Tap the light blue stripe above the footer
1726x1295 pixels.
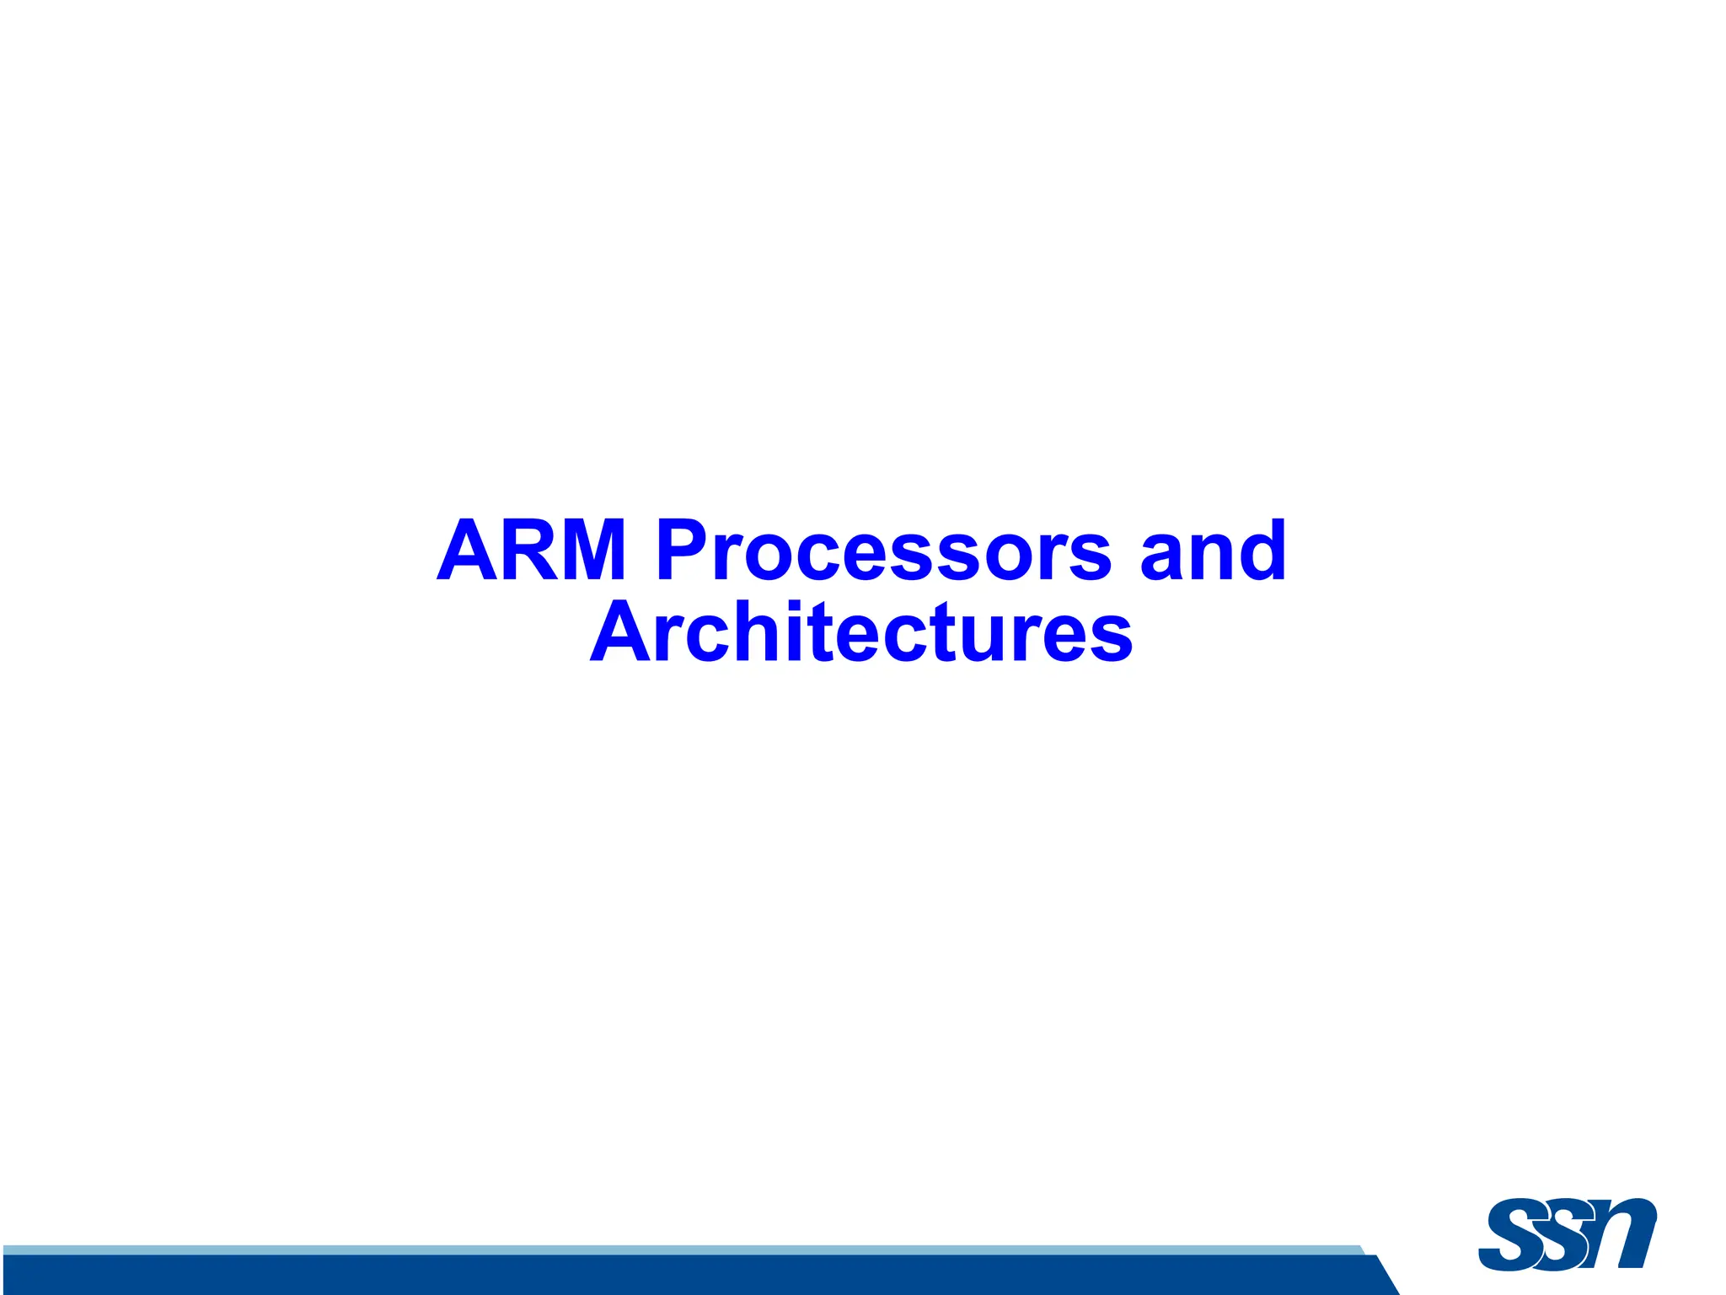coord(674,1249)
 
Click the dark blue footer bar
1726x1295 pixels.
coord(674,1276)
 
